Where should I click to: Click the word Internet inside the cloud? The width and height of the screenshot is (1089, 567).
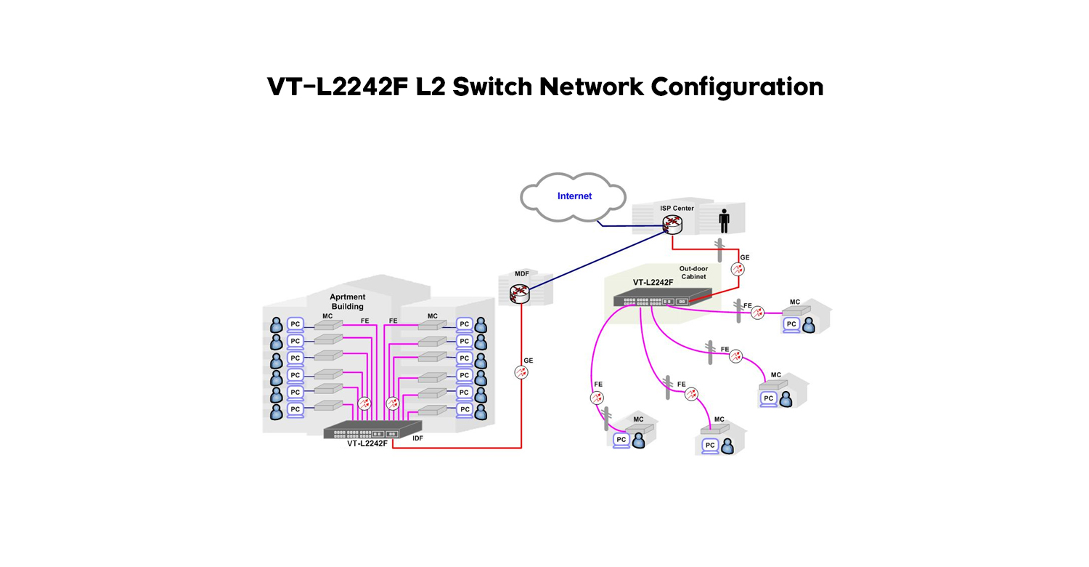(574, 196)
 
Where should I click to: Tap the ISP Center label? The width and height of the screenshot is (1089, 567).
(677, 209)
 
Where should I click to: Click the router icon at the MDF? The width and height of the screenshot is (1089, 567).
(520, 294)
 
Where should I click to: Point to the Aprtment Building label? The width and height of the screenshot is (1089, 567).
(348, 302)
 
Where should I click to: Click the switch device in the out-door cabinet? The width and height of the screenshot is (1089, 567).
(661, 297)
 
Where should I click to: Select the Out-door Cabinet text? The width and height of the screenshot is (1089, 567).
(693, 273)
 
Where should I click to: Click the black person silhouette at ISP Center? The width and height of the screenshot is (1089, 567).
(723, 221)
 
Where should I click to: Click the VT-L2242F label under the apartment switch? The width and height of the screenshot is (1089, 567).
(367, 443)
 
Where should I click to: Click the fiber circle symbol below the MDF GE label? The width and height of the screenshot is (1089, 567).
(521, 372)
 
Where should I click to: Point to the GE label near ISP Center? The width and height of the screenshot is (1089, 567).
(745, 257)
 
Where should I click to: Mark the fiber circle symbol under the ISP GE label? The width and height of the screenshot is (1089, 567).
(738, 269)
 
